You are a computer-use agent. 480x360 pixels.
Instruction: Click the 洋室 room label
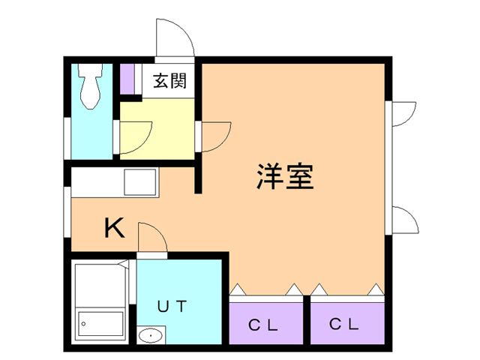click(284, 177)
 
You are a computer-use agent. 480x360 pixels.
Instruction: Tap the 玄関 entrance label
click(169, 81)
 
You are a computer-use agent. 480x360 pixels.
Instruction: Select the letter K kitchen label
click(114, 227)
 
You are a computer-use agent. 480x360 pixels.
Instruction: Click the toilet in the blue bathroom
click(91, 86)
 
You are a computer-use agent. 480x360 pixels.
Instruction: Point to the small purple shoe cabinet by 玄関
click(127, 79)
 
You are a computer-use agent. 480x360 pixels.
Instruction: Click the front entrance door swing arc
click(174, 37)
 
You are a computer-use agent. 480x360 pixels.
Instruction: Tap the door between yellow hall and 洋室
click(214, 135)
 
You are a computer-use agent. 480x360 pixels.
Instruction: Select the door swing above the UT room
click(151, 240)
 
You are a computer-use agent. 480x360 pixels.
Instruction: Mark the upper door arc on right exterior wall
click(403, 113)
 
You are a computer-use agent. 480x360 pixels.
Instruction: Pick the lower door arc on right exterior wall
click(403, 220)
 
